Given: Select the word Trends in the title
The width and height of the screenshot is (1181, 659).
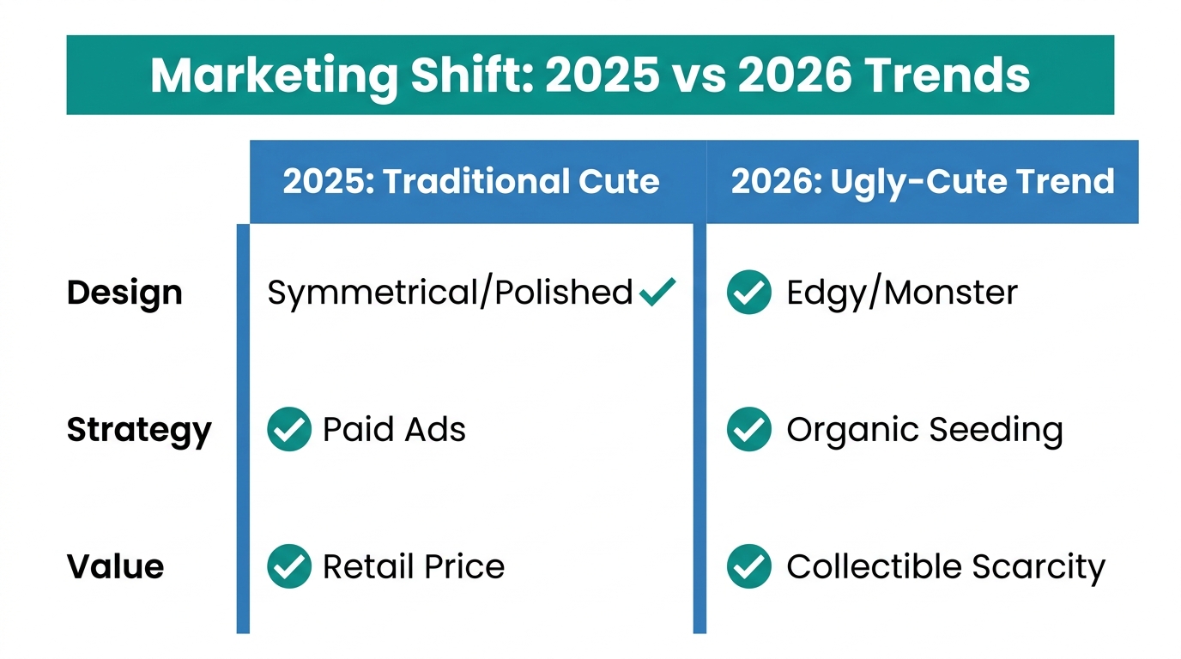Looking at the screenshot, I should pyautogui.click(x=947, y=76).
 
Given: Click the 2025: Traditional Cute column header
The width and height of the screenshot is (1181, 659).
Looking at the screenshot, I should pyautogui.click(x=470, y=182).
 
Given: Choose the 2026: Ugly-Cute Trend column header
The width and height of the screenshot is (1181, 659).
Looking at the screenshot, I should pyautogui.click(x=922, y=182).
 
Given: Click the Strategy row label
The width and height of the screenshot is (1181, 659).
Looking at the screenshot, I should pyautogui.click(x=138, y=430).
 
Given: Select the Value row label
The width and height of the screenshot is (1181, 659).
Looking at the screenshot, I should pyautogui.click(x=115, y=567).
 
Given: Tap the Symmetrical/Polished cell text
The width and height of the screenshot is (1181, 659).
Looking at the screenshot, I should pyautogui.click(x=450, y=293).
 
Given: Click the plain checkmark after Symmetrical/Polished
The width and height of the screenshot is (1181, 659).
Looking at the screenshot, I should pyautogui.click(x=657, y=292).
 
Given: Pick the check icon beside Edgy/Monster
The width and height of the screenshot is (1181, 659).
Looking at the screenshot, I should pyautogui.click(x=748, y=293).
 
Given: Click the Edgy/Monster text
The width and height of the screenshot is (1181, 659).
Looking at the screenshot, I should pyautogui.click(x=901, y=293).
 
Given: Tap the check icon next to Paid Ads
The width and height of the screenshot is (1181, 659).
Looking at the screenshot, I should pyautogui.click(x=288, y=429).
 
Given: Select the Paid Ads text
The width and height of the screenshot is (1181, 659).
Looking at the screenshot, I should pyautogui.click(x=394, y=429).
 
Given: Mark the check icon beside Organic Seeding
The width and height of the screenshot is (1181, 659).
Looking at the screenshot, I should pyautogui.click(x=748, y=429).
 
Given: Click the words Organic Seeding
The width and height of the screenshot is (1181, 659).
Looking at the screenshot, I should pyautogui.click(x=924, y=430).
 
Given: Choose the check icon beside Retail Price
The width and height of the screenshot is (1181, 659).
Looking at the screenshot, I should pyautogui.click(x=288, y=566).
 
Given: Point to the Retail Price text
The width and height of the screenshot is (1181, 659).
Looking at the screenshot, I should pyautogui.click(x=413, y=566).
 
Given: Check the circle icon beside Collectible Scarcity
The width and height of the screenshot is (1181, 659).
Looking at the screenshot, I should pyautogui.click(x=748, y=566).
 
